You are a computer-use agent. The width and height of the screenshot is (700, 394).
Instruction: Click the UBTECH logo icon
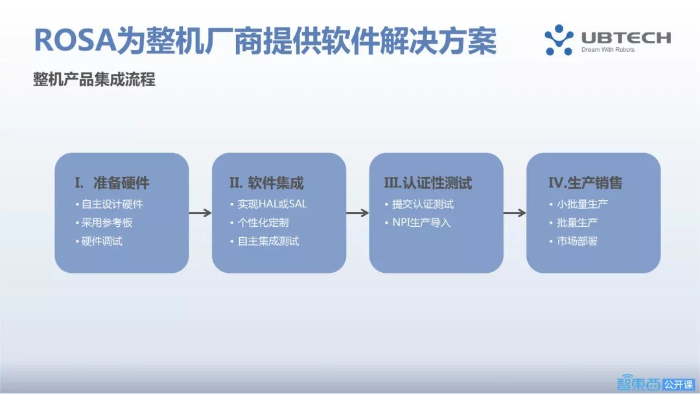559,40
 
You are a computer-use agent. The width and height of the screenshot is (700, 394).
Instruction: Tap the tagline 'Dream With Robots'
608,50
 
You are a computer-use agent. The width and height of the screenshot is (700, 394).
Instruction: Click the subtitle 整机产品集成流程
94,80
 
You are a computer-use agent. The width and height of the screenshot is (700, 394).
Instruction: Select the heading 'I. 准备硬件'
112,183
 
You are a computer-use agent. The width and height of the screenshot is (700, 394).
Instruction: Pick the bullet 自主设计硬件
109,204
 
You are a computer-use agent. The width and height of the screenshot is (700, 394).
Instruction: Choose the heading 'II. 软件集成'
266,183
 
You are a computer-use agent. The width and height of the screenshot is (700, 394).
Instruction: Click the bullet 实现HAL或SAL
268,204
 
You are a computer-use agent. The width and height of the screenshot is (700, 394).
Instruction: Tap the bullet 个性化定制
259,223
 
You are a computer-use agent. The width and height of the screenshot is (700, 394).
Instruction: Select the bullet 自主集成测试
264,242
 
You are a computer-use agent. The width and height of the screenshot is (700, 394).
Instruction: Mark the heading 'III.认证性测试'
428,183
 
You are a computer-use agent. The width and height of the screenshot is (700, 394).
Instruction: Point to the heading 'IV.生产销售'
585,183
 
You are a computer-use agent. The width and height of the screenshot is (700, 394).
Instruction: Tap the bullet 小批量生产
579,204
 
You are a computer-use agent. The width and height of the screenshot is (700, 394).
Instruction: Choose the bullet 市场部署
574,242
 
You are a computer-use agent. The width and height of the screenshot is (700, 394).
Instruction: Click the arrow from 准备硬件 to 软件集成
200,213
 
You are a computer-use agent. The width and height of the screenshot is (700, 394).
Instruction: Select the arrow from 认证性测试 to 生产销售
515,213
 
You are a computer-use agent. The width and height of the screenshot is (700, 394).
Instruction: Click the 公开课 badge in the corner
678,384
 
